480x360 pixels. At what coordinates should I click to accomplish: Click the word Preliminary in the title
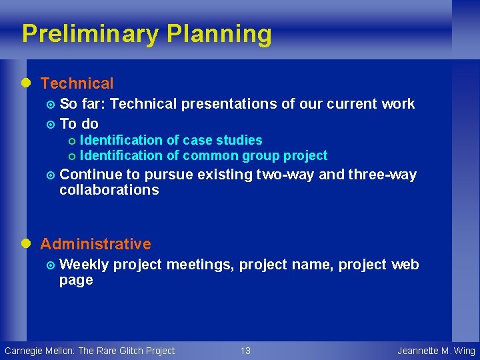click(90, 33)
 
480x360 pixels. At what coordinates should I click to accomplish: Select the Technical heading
click(77, 83)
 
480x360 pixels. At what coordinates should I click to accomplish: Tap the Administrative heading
click(95, 244)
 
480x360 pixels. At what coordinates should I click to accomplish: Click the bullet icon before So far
click(51, 105)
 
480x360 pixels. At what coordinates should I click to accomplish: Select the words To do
click(79, 123)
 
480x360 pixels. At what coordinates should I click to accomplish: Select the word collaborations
click(109, 190)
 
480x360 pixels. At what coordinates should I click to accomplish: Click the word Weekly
click(84, 265)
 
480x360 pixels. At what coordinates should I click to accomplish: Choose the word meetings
click(199, 265)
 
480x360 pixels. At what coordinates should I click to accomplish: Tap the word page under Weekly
click(75, 280)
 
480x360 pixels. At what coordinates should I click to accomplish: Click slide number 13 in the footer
click(245, 351)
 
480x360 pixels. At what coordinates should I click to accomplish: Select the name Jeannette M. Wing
click(436, 351)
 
